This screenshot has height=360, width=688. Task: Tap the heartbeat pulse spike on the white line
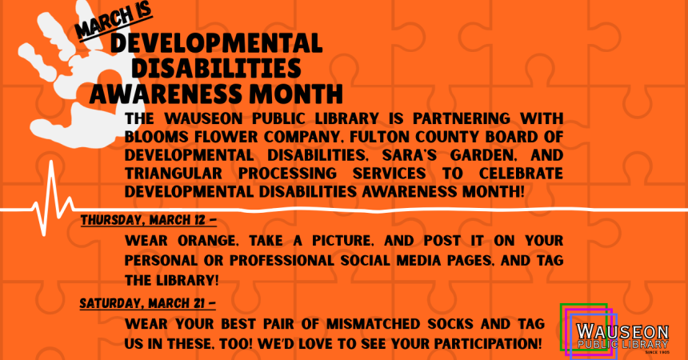[x=53, y=198]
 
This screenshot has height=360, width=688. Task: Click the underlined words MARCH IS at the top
[x=114, y=21]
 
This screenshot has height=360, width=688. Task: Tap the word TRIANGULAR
[x=174, y=174]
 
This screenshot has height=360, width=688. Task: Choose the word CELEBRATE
[x=521, y=174]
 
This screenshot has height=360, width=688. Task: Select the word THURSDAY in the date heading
[x=111, y=220]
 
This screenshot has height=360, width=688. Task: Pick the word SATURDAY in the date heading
[x=110, y=303]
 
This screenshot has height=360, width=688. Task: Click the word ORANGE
[x=208, y=241]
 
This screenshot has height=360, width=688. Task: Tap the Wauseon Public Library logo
[x=615, y=330]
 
